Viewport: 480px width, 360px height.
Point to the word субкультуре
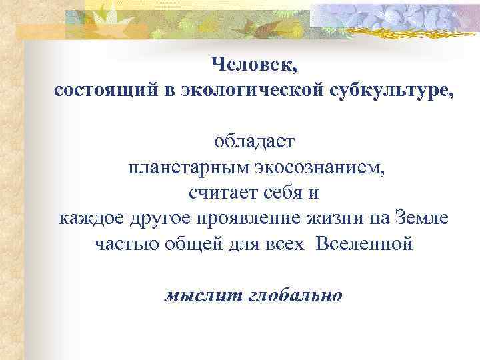[394, 90]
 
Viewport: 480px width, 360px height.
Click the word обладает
[253, 142]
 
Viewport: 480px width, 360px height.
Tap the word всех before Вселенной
[287, 243]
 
